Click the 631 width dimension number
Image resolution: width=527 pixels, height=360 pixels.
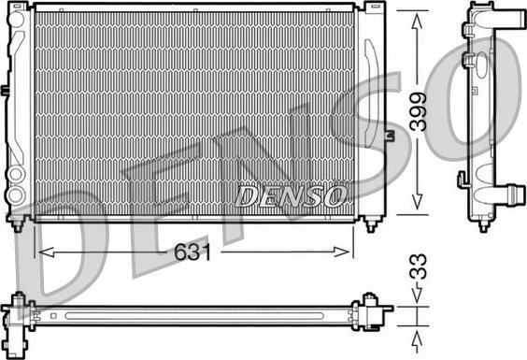192,252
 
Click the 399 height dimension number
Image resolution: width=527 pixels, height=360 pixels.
418,111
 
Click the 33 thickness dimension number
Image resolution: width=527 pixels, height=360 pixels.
418,266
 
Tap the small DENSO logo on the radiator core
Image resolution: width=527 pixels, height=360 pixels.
291,196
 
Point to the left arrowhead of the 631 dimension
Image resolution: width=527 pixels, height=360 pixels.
47,252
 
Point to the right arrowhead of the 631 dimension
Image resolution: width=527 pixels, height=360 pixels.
341,252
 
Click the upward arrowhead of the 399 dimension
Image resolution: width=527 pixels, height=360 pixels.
417,22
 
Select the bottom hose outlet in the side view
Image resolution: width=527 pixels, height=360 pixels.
505,194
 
